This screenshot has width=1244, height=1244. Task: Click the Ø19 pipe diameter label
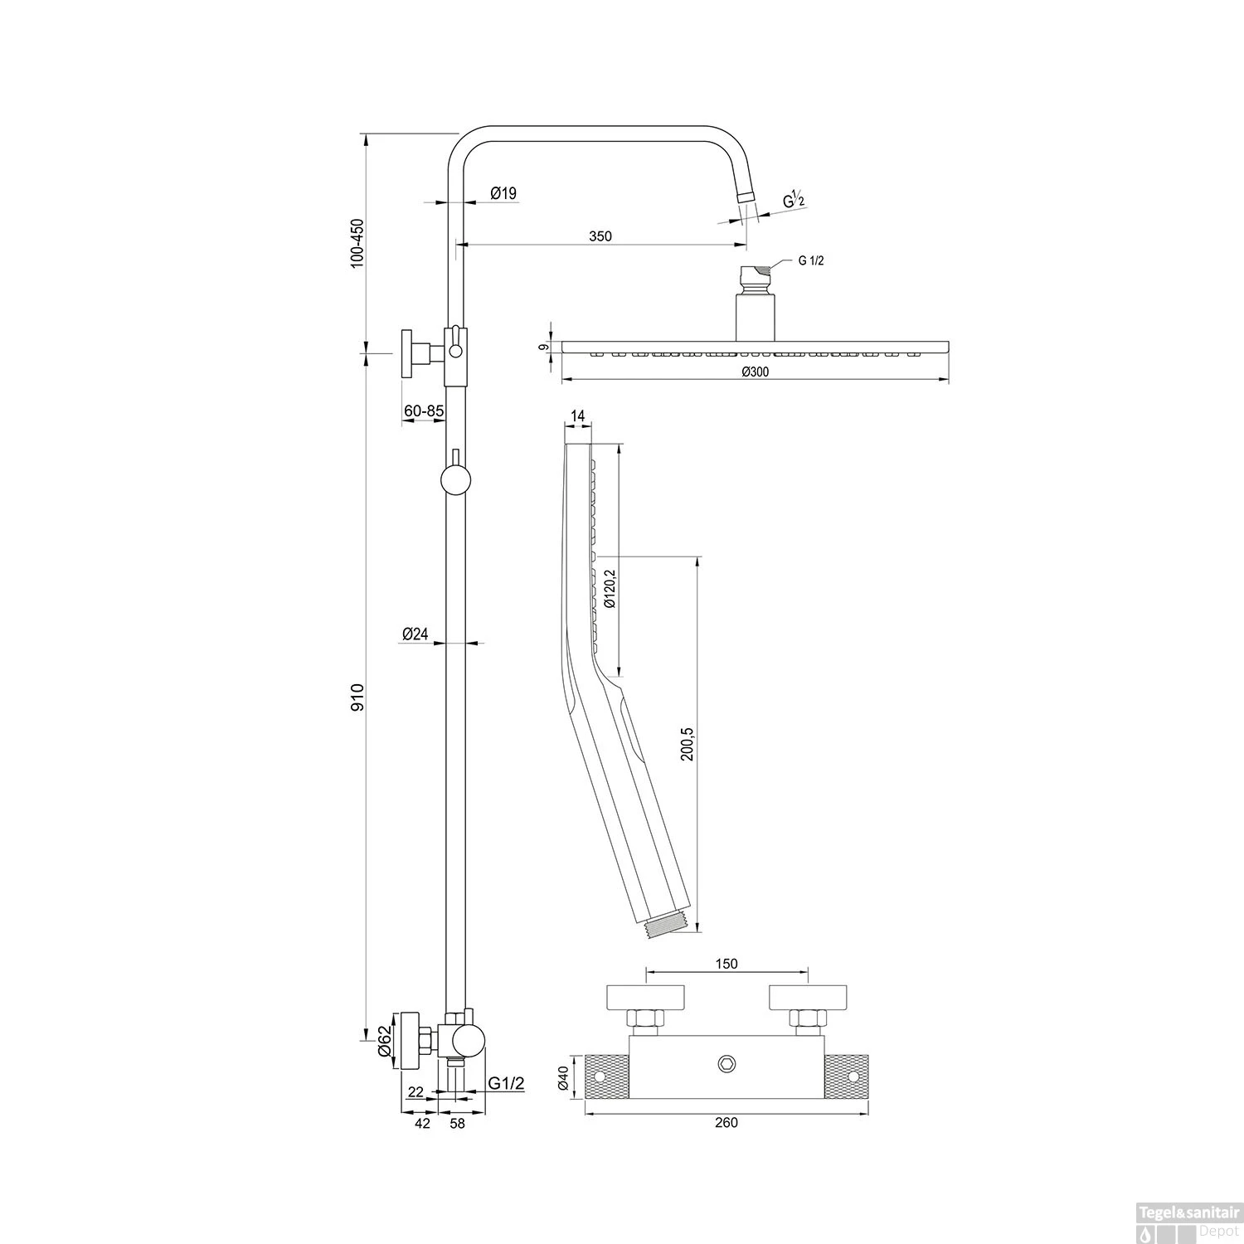503,193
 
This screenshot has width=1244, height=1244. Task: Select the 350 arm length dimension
600,236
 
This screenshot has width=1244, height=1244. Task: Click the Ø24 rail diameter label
415,634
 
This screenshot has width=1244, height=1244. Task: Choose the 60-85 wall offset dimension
423,411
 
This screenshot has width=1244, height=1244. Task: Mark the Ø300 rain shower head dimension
755,372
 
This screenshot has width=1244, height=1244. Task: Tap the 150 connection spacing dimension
726,963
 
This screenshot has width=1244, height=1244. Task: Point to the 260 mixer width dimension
726,1123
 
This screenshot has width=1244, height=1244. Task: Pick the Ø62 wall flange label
385,1040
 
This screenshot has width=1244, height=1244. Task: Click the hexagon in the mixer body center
727,1064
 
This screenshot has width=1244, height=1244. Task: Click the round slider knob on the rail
455,480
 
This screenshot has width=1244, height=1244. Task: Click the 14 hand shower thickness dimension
578,415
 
